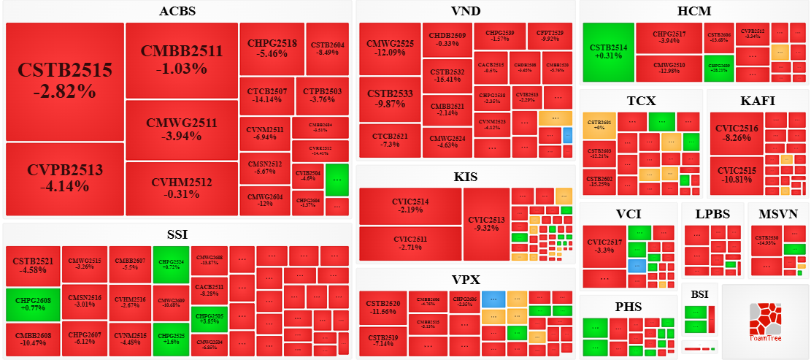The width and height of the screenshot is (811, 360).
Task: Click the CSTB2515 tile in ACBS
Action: pyautogui.click(x=65, y=81)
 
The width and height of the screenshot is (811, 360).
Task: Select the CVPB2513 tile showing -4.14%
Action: pyautogui.click(x=65, y=179)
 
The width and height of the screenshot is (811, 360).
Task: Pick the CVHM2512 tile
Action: pyautogui.click(x=182, y=188)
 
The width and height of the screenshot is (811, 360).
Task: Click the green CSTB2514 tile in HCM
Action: pyautogui.click(x=608, y=52)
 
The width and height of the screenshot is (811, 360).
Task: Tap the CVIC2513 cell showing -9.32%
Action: pyautogui.click(x=486, y=223)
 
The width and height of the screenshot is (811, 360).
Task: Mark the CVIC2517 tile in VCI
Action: pyautogui.click(x=604, y=246)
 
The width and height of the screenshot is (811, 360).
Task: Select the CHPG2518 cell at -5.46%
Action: pyautogui.click(x=272, y=48)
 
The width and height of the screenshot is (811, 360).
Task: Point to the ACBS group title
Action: pyautogui.click(x=177, y=11)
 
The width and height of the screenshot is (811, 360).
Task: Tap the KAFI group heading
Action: pyautogui.click(x=757, y=101)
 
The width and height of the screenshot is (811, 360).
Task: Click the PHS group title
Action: pyautogui.click(x=628, y=307)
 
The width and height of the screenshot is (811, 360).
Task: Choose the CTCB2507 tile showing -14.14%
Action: pyautogui.click(x=266, y=96)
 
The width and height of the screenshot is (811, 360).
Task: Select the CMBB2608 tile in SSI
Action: pyautogui.click(x=33, y=340)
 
